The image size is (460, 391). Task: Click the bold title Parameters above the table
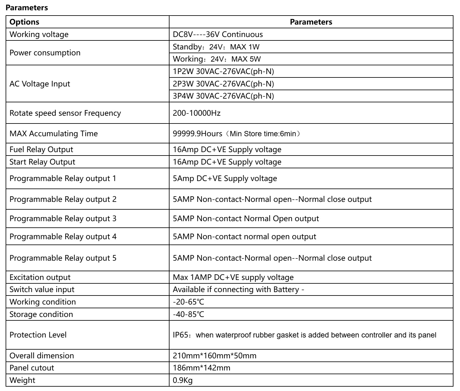[27, 8]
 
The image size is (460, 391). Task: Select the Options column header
[24, 22]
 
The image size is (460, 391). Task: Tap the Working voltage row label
[39, 35]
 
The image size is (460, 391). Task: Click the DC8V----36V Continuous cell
[218, 35]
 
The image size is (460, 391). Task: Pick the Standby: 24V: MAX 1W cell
[216, 47]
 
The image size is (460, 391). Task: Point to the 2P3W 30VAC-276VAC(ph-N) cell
[223, 84]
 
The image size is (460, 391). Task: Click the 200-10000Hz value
[197, 113]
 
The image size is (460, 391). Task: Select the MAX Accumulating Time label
[53, 133]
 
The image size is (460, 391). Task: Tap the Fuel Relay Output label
[41, 149]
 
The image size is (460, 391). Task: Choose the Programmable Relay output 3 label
[63, 218]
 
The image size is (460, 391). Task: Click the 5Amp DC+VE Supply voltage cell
[225, 179]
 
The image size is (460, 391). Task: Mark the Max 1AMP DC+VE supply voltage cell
[233, 277]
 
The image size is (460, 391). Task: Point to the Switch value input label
[42, 290]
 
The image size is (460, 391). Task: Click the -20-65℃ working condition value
[188, 302]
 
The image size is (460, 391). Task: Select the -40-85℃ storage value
[188, 314]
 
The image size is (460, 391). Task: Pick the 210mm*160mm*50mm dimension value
[215, 356]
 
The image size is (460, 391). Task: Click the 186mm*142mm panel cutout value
[202, 368]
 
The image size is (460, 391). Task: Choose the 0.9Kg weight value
[183, 380]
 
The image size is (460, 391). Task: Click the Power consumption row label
[45, 53]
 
